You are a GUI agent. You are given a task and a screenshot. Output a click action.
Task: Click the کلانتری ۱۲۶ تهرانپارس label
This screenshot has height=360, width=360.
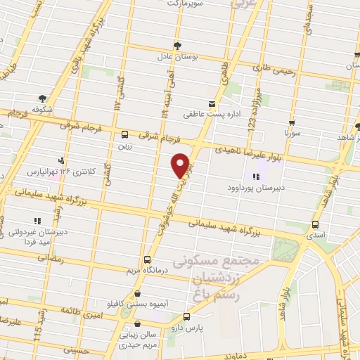(x=56, y=171)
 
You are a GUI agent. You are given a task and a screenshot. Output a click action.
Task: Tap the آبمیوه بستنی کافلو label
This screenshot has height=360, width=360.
(x=136, y=303)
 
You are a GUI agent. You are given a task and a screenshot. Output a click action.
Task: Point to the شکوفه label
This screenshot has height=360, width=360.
(x=44, y=109)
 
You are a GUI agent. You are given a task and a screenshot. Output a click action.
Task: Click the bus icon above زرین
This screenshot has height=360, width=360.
(x=125, y=134)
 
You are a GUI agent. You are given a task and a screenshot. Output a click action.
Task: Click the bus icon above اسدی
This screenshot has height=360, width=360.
(x=314, y=224)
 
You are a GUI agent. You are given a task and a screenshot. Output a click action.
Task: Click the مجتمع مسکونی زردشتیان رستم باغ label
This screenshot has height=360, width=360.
(x=222, y=276)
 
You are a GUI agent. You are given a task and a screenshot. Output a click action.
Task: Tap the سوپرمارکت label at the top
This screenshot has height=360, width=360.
(x=184, y=4)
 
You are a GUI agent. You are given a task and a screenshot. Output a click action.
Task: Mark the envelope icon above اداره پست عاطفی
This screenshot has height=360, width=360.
(x=212, y=103)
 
